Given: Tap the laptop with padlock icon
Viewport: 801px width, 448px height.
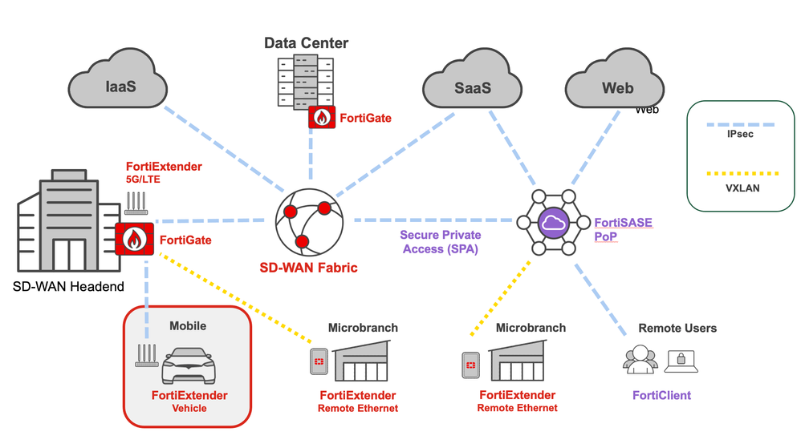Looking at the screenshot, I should [681, 360].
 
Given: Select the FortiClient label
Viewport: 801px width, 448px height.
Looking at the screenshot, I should [661, 395].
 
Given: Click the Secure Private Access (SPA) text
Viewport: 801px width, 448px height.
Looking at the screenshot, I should [441, 242].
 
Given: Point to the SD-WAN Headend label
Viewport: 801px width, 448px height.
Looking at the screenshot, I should [69, 287].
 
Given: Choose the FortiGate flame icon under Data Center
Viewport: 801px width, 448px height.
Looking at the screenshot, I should [322, 118].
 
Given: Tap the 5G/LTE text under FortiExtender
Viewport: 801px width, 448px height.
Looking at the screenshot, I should [143, 180].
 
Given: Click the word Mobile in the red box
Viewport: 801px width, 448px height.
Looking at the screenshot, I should [188, 326].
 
